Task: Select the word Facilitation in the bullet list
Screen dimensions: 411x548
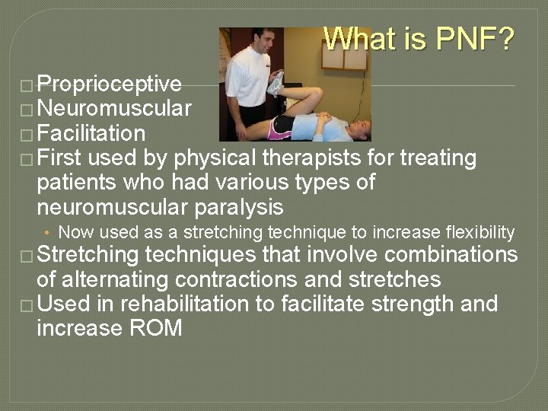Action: pos(91,134)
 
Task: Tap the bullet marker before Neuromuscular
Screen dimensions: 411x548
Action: pos(28,110)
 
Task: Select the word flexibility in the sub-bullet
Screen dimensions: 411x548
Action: pos(478,232)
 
